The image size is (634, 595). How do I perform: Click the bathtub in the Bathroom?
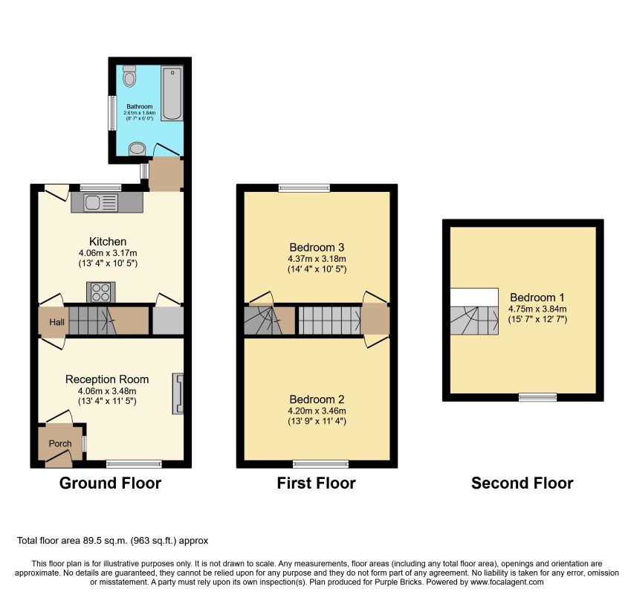[172, 93]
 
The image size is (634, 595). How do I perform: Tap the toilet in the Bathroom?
[129, 76]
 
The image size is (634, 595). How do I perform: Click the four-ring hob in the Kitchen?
[101, 292]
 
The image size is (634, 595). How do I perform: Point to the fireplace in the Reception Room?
[178, 393]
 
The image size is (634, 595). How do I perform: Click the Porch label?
[60, 443]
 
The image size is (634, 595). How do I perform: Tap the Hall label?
[56, 322]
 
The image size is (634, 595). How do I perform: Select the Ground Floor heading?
[111, 483]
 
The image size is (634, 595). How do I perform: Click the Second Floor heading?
[522, 483]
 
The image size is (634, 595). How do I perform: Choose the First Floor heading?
[316, 483]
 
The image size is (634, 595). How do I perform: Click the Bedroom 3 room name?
[317, 247]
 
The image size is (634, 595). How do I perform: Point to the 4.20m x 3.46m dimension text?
[317, 411]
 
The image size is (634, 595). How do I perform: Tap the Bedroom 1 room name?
[537, 297]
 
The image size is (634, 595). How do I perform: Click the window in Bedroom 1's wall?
[538, 397]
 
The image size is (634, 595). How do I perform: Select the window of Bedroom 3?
[305, 187]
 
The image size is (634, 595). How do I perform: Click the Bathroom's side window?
[112, 113]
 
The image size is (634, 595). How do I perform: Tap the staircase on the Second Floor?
[474, 321]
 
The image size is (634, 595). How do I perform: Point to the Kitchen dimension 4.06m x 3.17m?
[108, 253]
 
